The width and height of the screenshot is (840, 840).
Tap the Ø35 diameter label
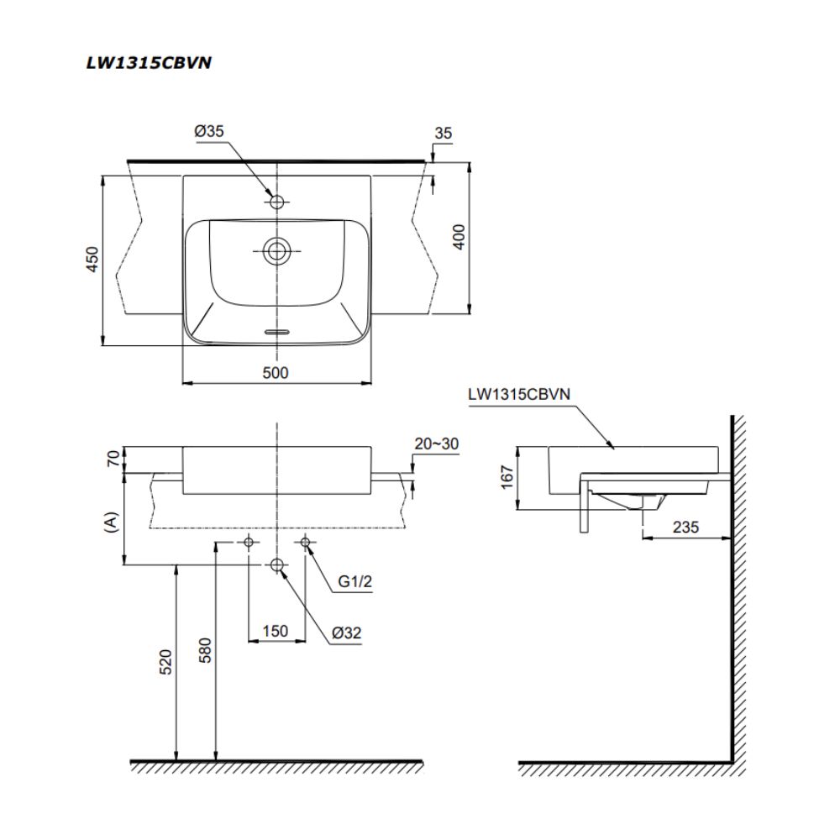point(208,131)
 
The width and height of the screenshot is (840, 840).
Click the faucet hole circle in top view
point(276,202)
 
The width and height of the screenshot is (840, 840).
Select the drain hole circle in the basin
point(276,249)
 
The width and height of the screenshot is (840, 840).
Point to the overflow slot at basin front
point(276,332)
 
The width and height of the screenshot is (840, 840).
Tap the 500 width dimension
point(275,373)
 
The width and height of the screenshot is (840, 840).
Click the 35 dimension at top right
point(444,133)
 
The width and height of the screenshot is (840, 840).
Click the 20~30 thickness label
point(437,444)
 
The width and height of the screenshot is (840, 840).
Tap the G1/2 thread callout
point(355,581)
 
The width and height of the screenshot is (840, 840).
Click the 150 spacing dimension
point(275,630)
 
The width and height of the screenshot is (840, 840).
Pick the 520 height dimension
point(165,663)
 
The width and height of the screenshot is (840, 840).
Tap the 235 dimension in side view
point(685,527)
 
